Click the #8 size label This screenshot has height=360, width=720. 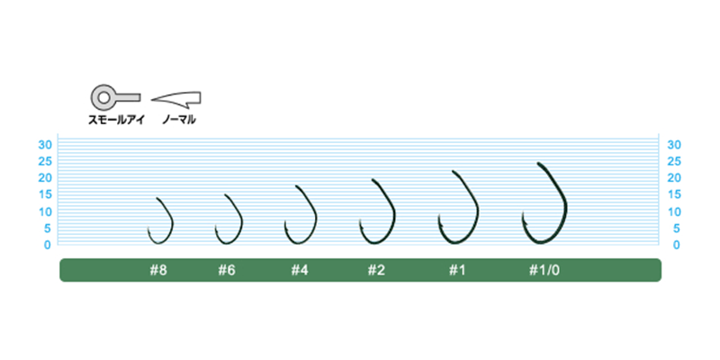[158, 271]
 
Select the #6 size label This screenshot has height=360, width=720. [227, 271]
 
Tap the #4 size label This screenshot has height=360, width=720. [300, 271]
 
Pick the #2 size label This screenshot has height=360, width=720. [376, 271]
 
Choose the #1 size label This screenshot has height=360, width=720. [457, 271]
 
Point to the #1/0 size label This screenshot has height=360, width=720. [544, 271]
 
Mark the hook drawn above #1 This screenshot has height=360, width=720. [477, 207]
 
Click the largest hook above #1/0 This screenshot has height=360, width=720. [565, 202]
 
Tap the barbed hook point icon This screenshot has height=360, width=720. [176, 98]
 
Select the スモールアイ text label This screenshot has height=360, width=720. [117, 121]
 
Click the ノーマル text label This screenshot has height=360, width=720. [179, 121]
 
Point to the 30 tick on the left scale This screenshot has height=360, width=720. [44, 145]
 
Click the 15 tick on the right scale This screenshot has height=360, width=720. [673, 194]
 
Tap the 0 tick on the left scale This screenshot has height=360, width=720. [48, 245]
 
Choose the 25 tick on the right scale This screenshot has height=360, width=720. [673, 161]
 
